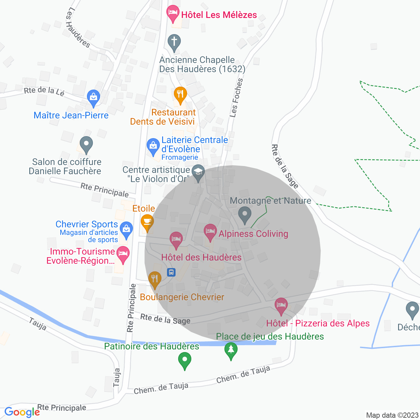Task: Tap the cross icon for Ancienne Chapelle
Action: pyautogui.click(x=174, y=42)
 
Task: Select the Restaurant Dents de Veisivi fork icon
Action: pyautogui.click(x=180, y=94)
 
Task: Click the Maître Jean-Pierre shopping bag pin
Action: pyautogui.click(x=94, y=97)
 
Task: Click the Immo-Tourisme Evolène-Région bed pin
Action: pyautogui.click(x=123, y=254)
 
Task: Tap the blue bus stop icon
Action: pyautogui.click(x=171, y=272)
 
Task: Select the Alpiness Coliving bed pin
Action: pyautogui.click(x=210, y=232)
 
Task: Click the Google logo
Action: pyautogui.click(x=22, y=412)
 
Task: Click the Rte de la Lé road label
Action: pyautogui.click(x=44, y=91)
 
